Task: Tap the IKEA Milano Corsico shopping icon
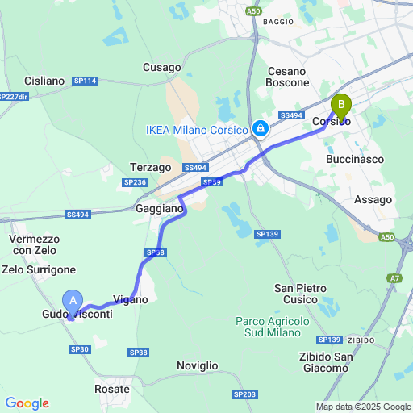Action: [261, 129]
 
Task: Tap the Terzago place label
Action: [151, 167]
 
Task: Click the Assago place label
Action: [373, 199]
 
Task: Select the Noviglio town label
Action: [198, 365]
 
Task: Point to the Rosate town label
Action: [112, 389]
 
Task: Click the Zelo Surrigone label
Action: [40, 269]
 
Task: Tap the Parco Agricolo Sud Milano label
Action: [273, 327]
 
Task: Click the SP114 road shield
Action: [87, 81]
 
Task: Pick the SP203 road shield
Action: [244, 394]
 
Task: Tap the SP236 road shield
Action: [135, 183]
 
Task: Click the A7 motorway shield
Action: [394, 278]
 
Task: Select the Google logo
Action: [27, 403]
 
